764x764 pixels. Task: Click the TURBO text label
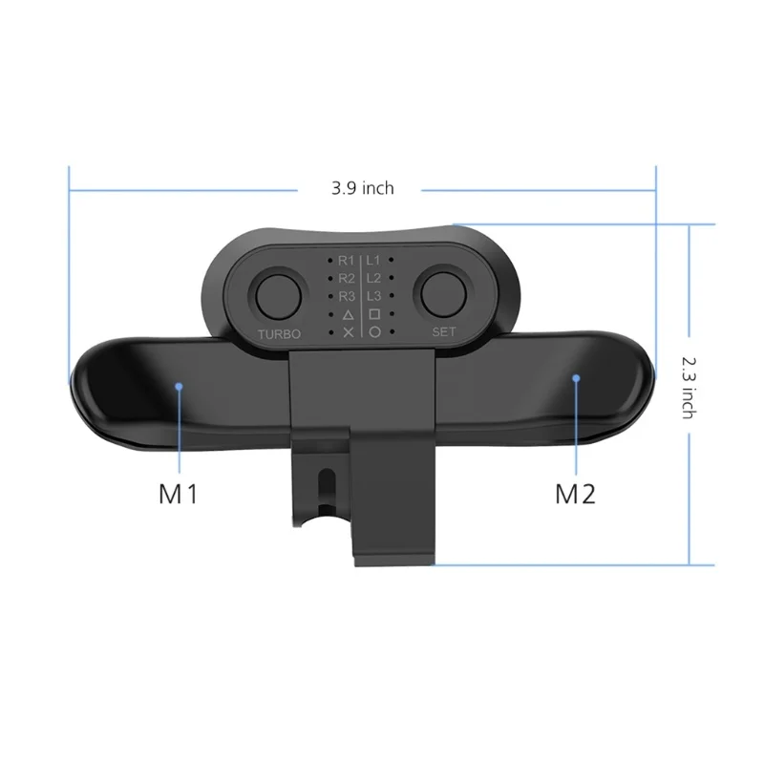pyautogui.click(x=279, y=333)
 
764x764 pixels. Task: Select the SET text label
pyautogui.click(x=444, y=332)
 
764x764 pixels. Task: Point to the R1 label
pyautogui.click(x=347, y=260)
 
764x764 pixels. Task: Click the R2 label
pyautogui.click(x=347, y=278)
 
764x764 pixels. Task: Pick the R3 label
pyautogui.click(x=347, y=296)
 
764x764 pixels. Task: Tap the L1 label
pyautogui.click(x=374, y=260)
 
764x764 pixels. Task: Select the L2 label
pyautogui.click(x=374, y=278)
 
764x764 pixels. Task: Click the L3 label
pyautogui.click(x=374, y=296)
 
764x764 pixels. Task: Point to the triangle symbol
pyautogui.click(x=348, y=314)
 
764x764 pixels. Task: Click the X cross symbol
pyautogui.click(x=348, y=332)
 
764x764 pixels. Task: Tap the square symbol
pyautogui.click(x=374, y=314)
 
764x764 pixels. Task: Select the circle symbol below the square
pyautogui.click(x=374, y=332)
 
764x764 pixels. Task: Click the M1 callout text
pyautogui.click(x=179, y=495)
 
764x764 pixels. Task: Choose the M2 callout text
pyautogui.click(x=575, y=495)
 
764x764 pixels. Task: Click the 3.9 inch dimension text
pyautogui.click(x=362, y=188)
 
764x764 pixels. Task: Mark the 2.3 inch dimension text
pyautogui.click(x=687, y=387)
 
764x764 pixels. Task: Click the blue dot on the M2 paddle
pyautogui.click(x=576, y=378)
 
